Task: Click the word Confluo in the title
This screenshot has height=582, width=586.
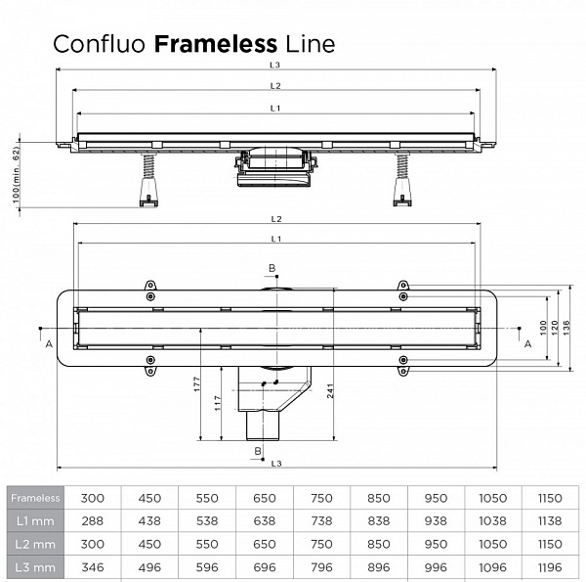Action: [101, 44]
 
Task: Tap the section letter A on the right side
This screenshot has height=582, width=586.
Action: [528, 343]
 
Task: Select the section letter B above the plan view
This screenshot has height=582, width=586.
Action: [272, 268]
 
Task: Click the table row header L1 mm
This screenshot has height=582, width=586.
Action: [35, 520]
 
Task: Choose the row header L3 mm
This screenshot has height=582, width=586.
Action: [35, 566]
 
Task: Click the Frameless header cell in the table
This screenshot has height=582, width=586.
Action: [35, 498]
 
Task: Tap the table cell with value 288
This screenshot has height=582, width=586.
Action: [92, 520]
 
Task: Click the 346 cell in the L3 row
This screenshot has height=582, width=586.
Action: [92, 566]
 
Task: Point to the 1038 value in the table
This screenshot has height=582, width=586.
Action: [492, 520]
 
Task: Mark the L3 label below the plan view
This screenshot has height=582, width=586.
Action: [276, 462]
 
